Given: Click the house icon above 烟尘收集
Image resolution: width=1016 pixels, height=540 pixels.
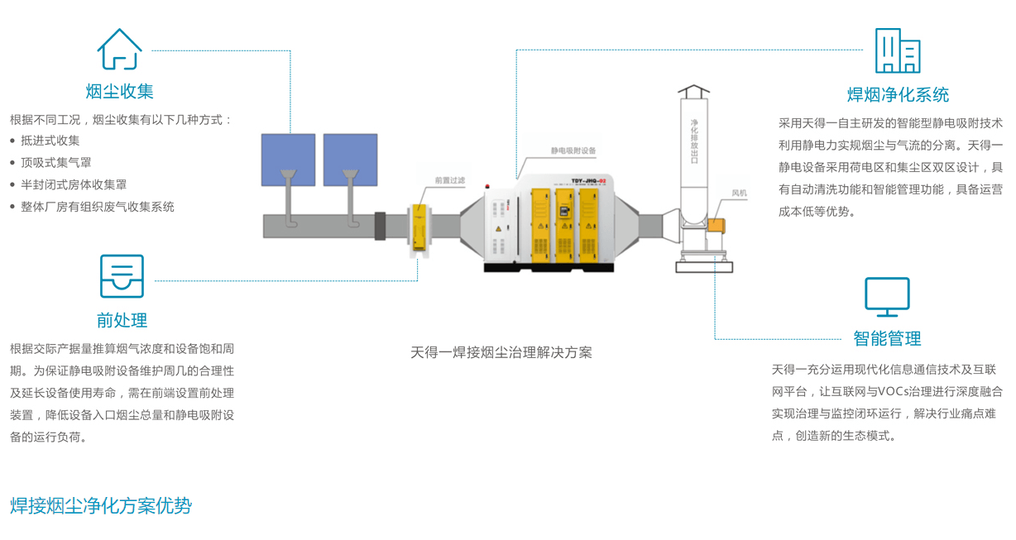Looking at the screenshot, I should [120, 50].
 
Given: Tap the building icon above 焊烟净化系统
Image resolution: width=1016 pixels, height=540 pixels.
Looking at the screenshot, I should [898, 51].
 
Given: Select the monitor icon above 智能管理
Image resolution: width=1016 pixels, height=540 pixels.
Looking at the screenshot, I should [887, 297].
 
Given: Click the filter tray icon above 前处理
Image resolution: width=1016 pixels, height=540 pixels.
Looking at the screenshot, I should [122, 276].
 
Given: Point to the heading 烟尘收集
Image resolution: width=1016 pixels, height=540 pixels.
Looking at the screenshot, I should [120, 91].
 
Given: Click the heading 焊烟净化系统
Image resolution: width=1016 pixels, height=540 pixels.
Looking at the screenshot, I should [898, 94].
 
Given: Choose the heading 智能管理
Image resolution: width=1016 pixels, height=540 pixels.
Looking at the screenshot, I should [887, 338].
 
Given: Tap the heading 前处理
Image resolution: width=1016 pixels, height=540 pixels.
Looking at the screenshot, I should [122, 320].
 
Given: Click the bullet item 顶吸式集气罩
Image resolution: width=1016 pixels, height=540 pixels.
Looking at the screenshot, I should [56, 163].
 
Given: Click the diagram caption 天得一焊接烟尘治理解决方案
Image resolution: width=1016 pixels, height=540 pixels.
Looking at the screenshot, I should [501, 352].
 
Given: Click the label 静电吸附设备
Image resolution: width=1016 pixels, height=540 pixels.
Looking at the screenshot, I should [573, 151].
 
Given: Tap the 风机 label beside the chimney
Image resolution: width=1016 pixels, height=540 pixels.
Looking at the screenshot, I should [739, 194].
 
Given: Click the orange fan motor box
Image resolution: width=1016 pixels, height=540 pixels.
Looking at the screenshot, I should [716, 226].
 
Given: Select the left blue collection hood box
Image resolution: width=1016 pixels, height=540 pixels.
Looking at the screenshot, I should [288, 160].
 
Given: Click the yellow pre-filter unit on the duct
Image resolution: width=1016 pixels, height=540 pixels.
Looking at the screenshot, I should [422, 226].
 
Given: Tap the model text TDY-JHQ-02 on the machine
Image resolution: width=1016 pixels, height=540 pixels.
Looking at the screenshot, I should [588, 180].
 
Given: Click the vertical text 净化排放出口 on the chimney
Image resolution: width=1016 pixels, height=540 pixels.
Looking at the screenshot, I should [694, 140].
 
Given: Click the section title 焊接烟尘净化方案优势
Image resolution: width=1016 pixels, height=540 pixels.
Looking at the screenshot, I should [101, 505].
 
